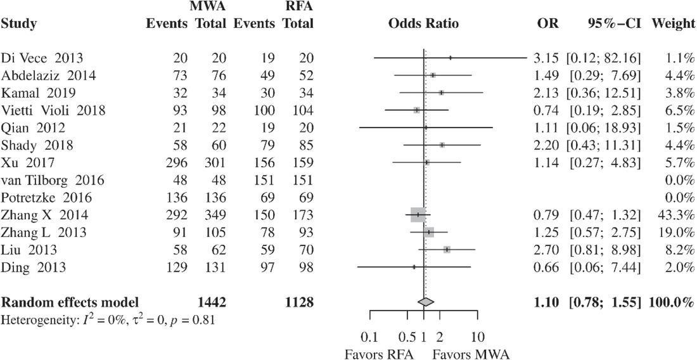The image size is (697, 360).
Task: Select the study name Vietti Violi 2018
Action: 53,111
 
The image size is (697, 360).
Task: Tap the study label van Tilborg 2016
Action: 53,180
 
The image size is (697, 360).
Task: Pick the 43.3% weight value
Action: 678,215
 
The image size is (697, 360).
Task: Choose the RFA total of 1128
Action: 300,302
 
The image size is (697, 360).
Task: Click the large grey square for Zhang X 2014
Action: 418,215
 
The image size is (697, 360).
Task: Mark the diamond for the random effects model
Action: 426,302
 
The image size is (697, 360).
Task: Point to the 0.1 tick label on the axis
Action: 371,335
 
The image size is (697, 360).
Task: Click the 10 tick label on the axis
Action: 478,335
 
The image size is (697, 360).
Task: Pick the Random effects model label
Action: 70,302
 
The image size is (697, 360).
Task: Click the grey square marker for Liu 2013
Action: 447,250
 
